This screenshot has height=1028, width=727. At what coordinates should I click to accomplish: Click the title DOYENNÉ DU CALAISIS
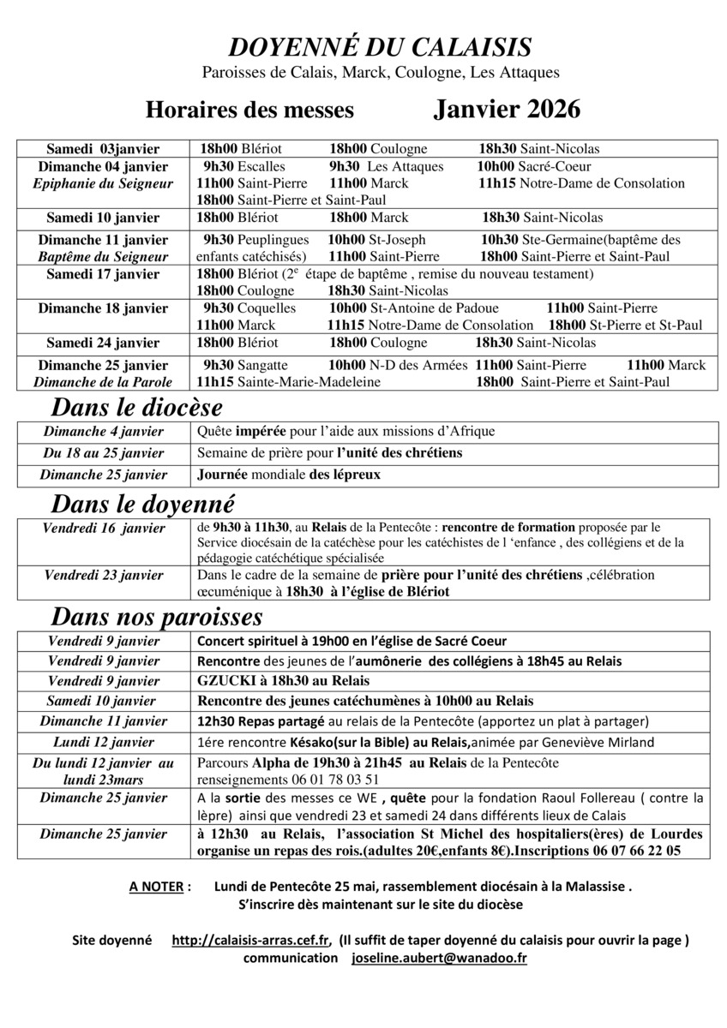380,46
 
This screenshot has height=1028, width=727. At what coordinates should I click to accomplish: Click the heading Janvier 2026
507,110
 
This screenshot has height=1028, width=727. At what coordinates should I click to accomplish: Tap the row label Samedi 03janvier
103,149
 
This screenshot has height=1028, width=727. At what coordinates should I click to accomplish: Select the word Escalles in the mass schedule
261,166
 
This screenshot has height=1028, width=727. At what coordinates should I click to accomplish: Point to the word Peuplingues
273,240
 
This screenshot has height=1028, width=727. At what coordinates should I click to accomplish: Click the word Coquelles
267,308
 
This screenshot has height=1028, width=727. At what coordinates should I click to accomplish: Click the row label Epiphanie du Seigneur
103,183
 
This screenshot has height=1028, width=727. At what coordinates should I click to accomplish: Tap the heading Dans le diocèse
137,406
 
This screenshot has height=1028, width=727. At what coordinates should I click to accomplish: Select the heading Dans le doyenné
143,503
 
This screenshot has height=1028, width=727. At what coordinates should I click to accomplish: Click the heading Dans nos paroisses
157,617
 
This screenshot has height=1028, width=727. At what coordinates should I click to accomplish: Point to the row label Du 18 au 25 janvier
105,452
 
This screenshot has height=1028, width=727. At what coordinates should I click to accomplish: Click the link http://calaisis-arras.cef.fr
251,940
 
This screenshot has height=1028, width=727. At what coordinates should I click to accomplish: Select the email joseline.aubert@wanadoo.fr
439,959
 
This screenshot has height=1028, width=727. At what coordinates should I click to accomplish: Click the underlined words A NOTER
156,887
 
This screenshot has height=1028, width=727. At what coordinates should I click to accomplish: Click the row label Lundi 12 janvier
104,741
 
